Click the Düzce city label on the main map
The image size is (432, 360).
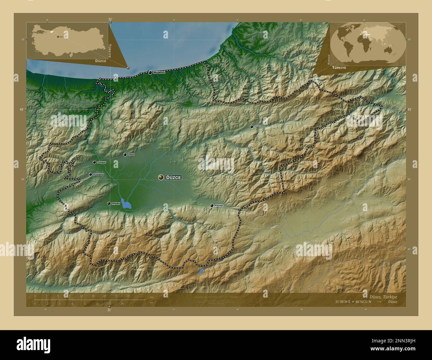(173, 178)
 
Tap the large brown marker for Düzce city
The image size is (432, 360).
(161, 177)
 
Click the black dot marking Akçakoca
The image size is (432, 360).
(151, 72)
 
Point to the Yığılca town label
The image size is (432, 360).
(258, 127)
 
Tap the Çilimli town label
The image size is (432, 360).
(131, 155)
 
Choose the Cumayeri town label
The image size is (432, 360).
(101, 162)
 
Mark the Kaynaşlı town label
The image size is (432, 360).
(219, 206)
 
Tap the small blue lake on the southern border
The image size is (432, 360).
(201, 271)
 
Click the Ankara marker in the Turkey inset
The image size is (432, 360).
(57, 37)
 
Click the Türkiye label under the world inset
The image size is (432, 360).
(339, 67)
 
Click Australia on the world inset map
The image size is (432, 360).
(386, 50)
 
